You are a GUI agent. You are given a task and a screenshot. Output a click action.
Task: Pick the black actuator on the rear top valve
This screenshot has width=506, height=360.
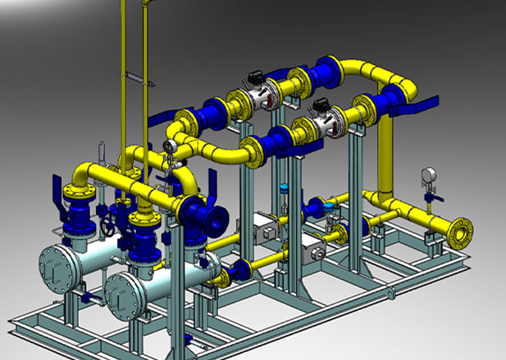pos(254,76)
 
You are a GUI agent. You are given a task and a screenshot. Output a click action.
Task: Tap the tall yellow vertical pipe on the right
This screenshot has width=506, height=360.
pos(387,151)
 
